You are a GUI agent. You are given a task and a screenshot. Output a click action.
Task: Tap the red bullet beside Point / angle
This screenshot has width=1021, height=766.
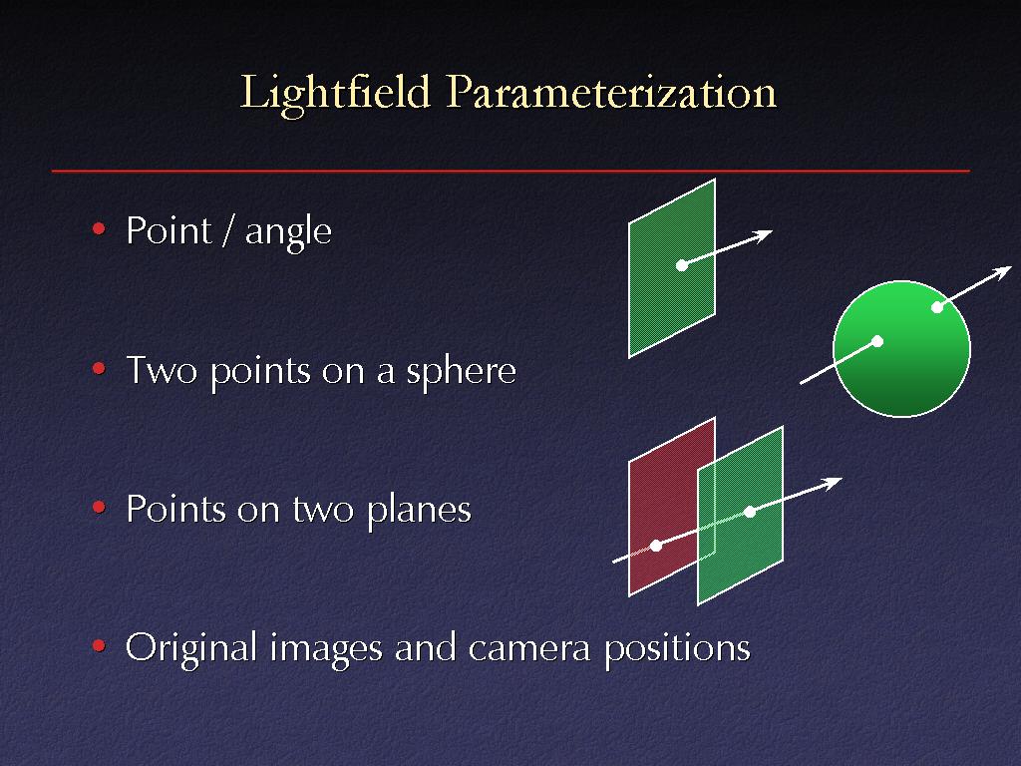point(99,228)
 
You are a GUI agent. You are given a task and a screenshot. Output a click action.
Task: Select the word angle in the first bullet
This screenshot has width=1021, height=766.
point(288,232)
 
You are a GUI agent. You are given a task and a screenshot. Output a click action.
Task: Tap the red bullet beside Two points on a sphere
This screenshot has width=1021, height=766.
point(99,368)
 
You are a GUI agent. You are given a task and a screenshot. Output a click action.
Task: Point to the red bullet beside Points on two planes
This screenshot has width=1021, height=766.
point(99,506)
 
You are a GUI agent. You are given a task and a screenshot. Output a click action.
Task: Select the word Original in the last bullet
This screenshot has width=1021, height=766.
point(190,648)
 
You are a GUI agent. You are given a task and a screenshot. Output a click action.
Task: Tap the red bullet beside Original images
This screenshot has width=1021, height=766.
point(99,645)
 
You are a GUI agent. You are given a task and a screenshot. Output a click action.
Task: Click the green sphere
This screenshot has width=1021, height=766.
point(901,348)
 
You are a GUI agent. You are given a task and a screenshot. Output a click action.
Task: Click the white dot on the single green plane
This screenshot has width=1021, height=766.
point(682,265)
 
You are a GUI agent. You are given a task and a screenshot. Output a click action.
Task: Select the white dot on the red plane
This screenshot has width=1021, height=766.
point(656,546)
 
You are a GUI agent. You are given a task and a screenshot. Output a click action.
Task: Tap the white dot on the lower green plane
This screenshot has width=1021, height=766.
point(750,512)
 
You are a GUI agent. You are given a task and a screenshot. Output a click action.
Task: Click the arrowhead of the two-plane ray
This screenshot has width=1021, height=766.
point(832,483)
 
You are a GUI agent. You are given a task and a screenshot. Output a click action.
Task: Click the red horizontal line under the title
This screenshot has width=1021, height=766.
point(510,171)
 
